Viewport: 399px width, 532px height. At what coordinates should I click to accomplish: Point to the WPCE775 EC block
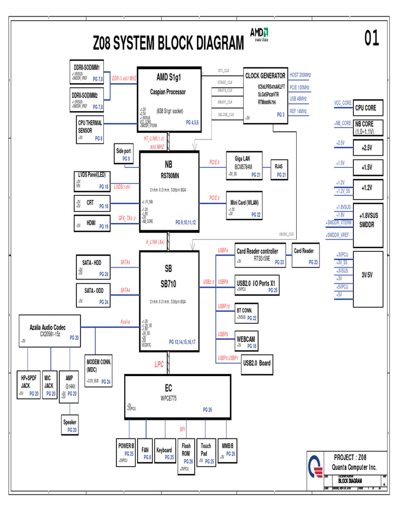(177, 395)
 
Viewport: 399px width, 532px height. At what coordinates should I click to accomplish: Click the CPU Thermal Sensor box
(90, 130)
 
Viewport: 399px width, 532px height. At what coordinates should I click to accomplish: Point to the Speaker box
(70, 425)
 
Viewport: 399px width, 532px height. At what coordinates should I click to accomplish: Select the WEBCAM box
(245, 341)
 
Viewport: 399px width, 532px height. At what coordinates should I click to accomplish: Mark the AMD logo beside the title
(259, 34)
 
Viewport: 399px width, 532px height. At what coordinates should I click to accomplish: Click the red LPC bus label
(159, 365)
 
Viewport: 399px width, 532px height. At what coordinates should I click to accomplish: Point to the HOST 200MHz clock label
(300, 75)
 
